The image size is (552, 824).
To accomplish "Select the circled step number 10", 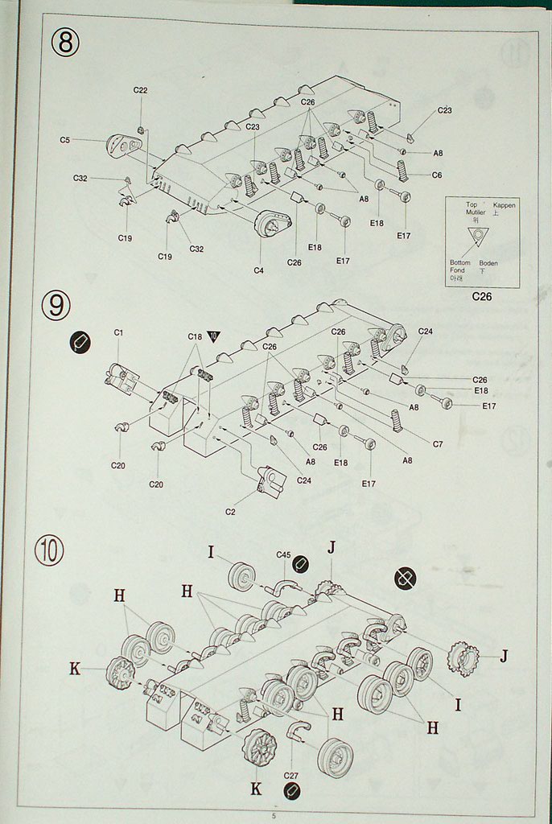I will click(49, 551).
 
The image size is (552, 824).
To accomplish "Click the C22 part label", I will click(140, 90).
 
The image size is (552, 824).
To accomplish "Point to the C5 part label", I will click(65, 140).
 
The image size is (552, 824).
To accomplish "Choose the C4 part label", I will click(258, 270).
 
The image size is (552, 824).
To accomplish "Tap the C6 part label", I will click(437, 175).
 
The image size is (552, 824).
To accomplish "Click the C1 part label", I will click(118, 332).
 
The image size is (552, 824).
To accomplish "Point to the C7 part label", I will click(437, 444).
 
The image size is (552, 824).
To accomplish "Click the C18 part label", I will click(195, 336).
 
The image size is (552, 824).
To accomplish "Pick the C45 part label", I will click(283, 554).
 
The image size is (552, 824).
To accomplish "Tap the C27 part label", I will click(291, 776).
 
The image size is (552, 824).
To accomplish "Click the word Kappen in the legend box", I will click(505, 206).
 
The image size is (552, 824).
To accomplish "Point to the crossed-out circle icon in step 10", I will click(406, 577).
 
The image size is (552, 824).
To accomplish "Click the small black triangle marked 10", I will click(213, 337).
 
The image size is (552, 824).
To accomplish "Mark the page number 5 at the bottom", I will click(274, 816).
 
